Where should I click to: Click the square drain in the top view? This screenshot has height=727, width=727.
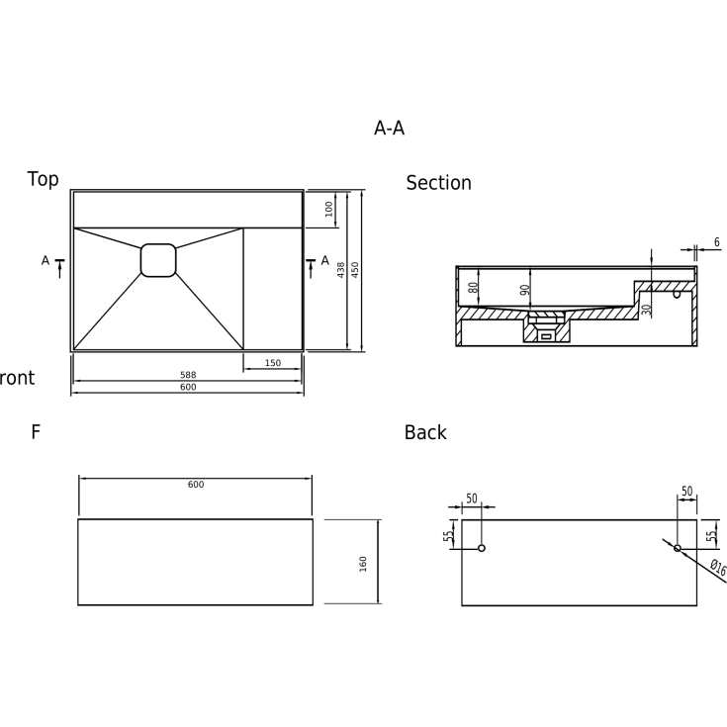click(x=158, y=260)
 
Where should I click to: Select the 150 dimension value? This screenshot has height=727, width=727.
click(x=273, y=363)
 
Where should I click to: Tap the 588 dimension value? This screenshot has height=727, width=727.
click(x=188, y=375)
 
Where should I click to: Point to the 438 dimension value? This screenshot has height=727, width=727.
click(x=341, y=270)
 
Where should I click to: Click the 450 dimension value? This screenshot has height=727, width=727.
click(x=355, y=270)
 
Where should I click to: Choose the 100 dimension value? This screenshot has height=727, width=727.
click(x=329, y=209)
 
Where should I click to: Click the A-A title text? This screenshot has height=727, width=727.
click(x=389, y=128)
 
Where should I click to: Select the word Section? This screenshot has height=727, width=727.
click(x=438, y=183)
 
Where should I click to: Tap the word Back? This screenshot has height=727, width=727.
click(x=425, y=432)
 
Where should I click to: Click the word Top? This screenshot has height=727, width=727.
click(x=44, y=179)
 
